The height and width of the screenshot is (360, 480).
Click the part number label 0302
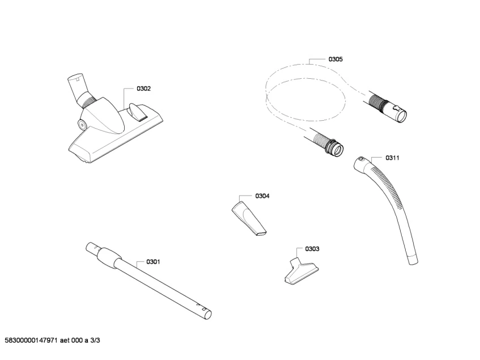143,89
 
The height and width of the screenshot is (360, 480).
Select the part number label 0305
335,59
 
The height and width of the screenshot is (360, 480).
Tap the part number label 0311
393,158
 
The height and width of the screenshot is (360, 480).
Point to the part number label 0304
262,196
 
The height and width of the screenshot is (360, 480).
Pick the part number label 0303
312,249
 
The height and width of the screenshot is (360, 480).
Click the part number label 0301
153,261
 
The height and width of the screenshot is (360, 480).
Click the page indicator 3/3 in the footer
96,340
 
